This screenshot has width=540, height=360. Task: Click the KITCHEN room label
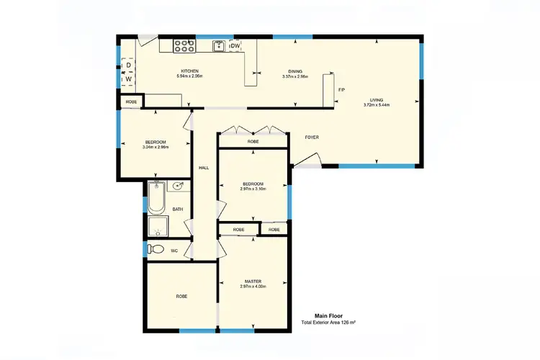(190, 71)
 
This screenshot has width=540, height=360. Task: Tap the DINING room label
(295, 71)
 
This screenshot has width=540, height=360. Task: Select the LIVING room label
(377, 100)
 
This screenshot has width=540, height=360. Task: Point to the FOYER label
(312, 137)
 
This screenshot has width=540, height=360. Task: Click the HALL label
(204, 168)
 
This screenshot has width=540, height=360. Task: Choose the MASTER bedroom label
(253, 282)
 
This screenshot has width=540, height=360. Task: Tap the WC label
(174, 251)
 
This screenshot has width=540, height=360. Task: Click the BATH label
(177, 210)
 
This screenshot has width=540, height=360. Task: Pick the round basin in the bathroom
(179, 185)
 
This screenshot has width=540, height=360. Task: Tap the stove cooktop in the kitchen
(184, 46)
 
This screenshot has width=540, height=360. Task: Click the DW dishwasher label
(234, 46)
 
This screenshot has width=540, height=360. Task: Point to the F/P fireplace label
(342, 89)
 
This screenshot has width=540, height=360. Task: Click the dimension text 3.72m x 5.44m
(377, 105)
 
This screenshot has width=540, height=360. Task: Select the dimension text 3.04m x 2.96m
(156, 147)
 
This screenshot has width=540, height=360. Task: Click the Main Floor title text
(328, 315)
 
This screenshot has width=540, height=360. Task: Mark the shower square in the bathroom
(158, 228)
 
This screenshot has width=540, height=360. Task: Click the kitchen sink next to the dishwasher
(219, 46)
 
